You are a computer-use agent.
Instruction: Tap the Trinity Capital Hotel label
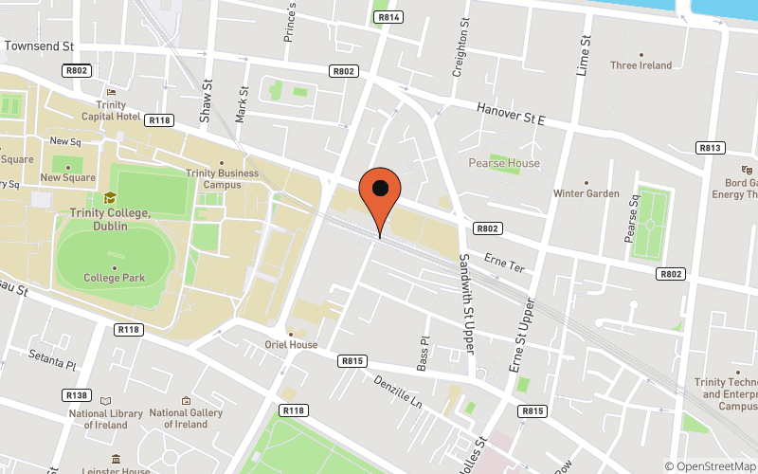click(x=117, y=111)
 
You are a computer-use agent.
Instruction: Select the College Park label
click(x=115, y=278)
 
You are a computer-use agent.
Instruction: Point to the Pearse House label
click(x=504, y=163)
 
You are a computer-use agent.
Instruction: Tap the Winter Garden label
click(x=587, y=193)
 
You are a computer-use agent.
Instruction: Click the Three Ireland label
click(x=641, y=65)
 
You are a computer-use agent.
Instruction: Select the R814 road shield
click(x=388, y=17)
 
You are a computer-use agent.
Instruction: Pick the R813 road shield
click(x=711, y=148)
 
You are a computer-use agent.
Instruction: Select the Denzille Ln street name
click(x=398, y=390)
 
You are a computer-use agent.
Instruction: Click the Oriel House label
click(x=291, y=344)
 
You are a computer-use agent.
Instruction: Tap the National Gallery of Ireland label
click(x=186, y=418)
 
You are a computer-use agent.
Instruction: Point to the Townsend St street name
click(x=39, y=46)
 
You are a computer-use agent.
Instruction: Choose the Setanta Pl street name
click(x=52, y=363)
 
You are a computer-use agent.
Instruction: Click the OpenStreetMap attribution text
click(x=711, y=465)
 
